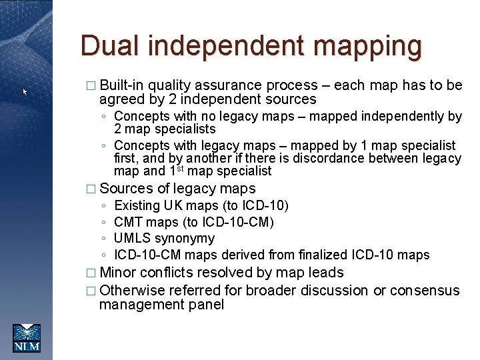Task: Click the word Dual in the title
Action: tap(110, 47)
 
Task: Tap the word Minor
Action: tap(118, 273)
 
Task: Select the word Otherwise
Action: tap(132, 291)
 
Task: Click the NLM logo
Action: tap(27, 337)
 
